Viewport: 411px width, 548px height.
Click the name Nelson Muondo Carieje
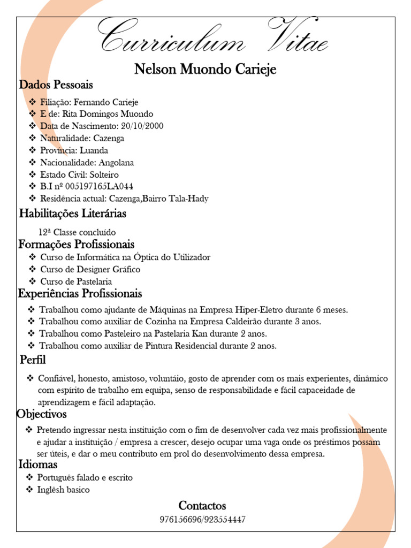click(x=205, y=70)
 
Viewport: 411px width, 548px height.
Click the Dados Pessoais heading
click(x=56, y=85)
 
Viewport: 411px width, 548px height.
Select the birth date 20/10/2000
click(x=142, y=126)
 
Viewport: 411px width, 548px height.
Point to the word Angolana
click(x=116, y=162)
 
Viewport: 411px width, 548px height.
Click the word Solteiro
click(x=104, y=174)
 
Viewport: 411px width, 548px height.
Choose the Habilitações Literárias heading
click(x=73, y=214)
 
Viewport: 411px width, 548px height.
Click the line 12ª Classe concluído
click(x=77, y=232)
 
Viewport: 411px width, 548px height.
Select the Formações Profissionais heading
click(x=77, y=245)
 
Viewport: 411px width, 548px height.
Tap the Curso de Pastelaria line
click(x=76, y=281)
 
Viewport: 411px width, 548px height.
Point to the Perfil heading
click(x=33, y=359)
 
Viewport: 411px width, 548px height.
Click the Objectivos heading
click(x=42, y=414)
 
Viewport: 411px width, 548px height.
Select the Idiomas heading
click(x=38, y=465)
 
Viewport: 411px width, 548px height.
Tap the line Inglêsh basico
click(x=64, y=490)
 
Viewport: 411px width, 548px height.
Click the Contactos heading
click(x=202, y=506)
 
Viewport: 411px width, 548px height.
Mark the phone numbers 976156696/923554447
click(x=203, y=519)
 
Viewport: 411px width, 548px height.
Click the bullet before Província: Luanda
click(x=33, y=150)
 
